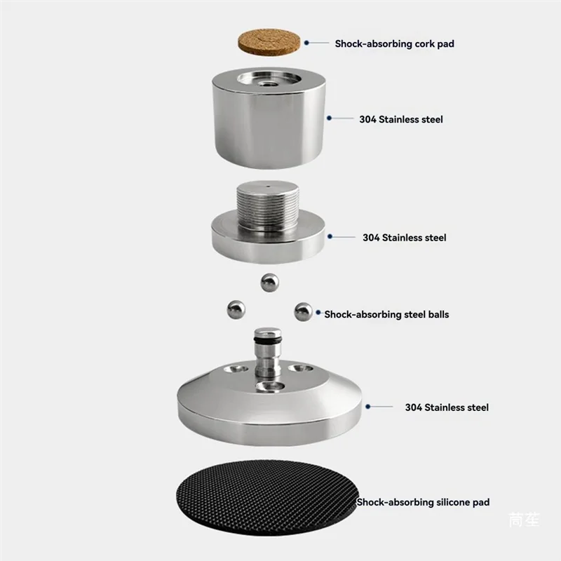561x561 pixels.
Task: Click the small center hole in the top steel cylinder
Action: [269, 82]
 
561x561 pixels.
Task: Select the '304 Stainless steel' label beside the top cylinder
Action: [401, 119]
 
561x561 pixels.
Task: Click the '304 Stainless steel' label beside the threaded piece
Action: [404, 238]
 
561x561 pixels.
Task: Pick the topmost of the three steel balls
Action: [269, 282]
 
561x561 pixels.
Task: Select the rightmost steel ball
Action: [303, 311]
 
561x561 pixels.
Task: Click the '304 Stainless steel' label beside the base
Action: [447, 407]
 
